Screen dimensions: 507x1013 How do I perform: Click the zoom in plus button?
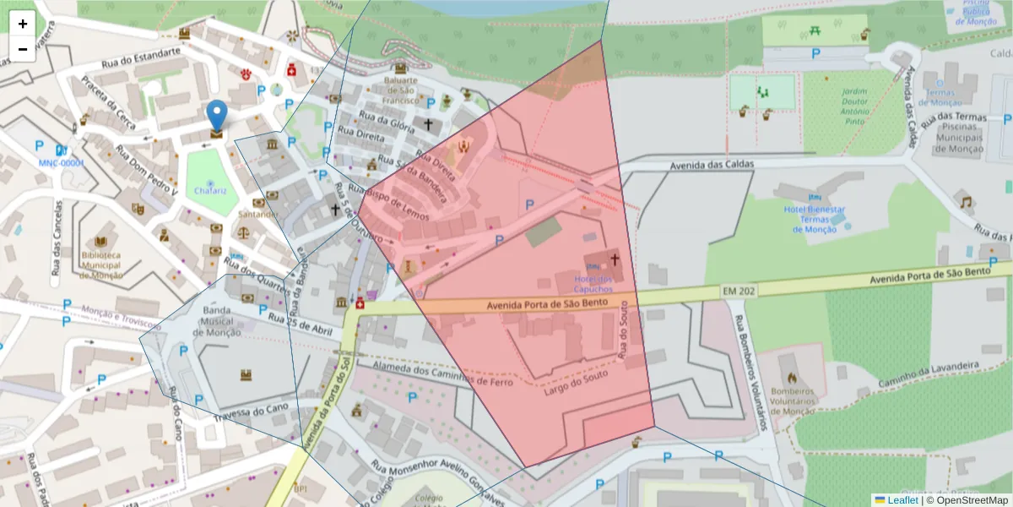click(x=23, y=24)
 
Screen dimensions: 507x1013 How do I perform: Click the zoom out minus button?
click(x=23, y=49)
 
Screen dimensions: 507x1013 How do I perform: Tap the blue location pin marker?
click(x=217, y=117)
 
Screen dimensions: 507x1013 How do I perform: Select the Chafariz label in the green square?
click(x=210, y=191)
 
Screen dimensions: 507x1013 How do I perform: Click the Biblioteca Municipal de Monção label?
click(x=101, y=264)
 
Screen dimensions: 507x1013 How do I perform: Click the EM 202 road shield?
click(x=740, y=291)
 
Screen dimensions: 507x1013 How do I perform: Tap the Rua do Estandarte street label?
click(x=142, y=57)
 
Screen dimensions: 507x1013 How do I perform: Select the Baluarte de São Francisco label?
click(x=400, y=90)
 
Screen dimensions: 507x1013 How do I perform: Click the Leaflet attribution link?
click(x=902, y=500)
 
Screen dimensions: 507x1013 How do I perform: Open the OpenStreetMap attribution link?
click(x=970, y=500)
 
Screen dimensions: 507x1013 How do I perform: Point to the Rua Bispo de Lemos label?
click(x=398, y=205)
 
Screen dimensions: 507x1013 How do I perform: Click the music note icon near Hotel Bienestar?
click(x=966, y=203)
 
